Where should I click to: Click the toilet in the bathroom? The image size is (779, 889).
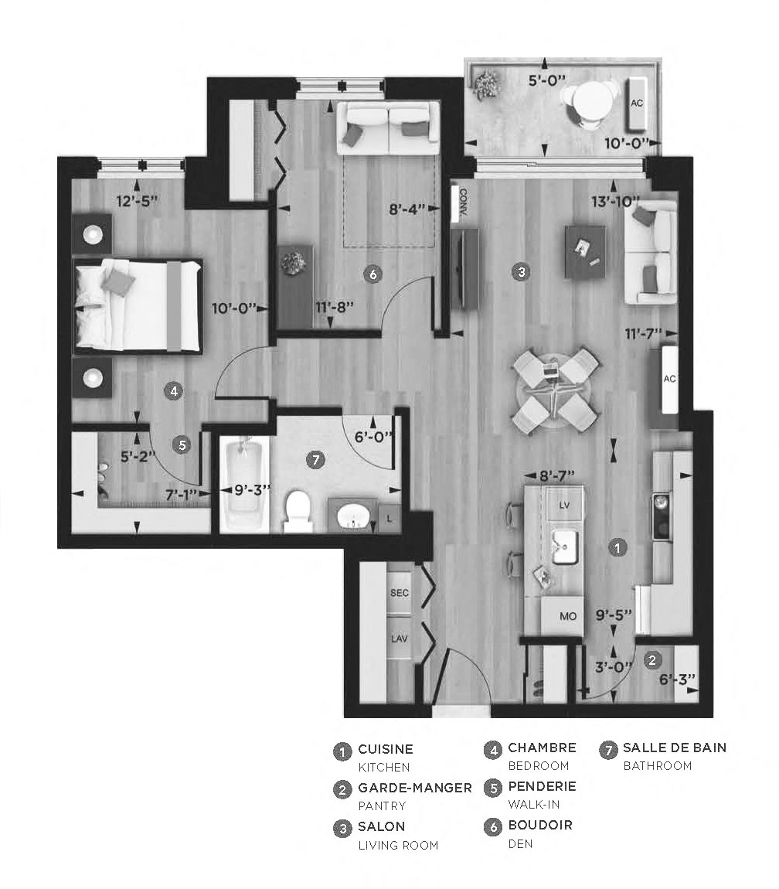[x=298, y=512]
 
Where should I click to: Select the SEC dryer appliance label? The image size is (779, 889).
[x=399, y=593]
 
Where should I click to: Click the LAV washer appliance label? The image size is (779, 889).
[x=399, y=639]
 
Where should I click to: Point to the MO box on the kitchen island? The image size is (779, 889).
[x=568, y=617]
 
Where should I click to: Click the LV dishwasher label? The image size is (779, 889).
[x=564, y=504]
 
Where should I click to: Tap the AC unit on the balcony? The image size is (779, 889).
[x=638, y=103]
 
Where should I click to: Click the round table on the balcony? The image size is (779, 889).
[x=591, y=101]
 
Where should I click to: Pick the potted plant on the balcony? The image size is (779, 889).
[x=487, y=84]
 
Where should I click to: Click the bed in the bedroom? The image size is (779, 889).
[x=138, y=306]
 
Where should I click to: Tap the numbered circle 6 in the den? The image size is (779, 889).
[x=372, y=274]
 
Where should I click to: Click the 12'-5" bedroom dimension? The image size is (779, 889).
[x=137, y=202]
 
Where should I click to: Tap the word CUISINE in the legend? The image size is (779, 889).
[x=385, y=749]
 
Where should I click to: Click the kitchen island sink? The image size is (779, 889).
[x=566, y=546]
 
